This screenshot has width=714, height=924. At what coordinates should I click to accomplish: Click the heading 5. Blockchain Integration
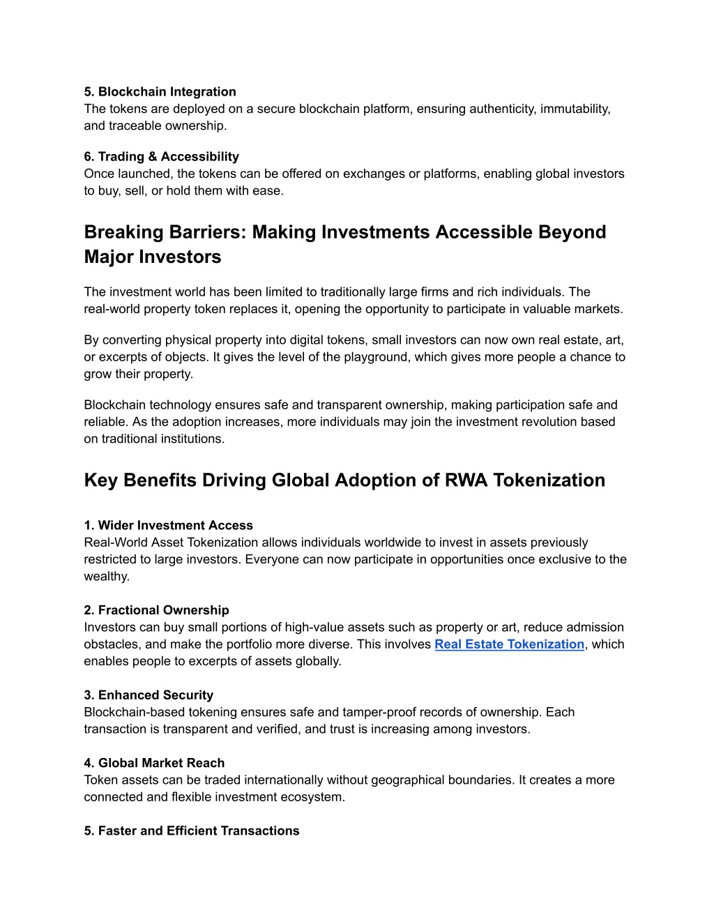[x=160, y=92]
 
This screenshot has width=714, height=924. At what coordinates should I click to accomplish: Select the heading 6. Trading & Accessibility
[x=161, y=157]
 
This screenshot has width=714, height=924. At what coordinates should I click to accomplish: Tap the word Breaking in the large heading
[x=123, y=232]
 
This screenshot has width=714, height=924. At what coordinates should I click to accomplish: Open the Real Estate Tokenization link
[x=509, y=644]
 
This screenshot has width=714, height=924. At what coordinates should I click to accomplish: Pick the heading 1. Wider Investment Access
[x=168, y=526]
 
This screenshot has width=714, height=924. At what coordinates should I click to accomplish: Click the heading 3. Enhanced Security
[x=149, y=695]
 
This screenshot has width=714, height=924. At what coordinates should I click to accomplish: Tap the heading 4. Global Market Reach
[x=154, y=763]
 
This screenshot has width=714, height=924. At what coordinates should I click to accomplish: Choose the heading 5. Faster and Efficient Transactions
[x=192, y=831]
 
